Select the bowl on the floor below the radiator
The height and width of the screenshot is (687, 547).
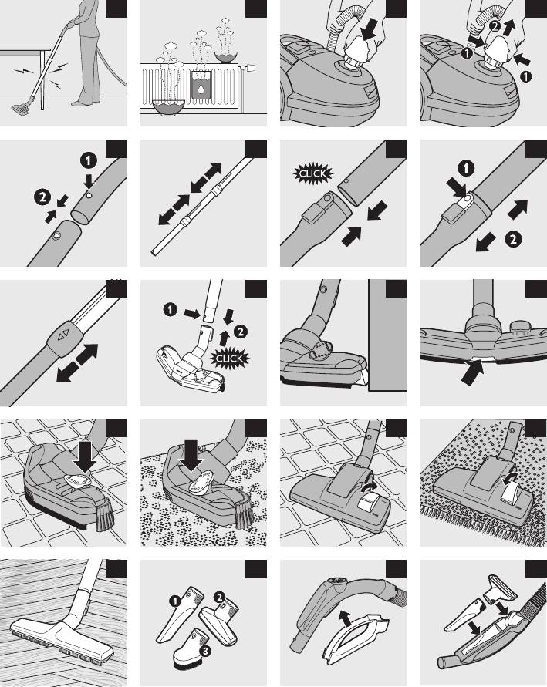[x=168, y=107]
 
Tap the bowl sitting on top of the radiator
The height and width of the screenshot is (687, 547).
[x=226, y=57]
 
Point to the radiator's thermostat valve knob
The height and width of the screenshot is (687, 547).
[x=250, y=68]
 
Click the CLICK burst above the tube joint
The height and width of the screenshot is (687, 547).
[x=313, y=173]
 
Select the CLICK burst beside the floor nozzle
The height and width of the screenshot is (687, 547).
[x=229, y=359]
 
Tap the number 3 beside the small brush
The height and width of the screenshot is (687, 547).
[x=205, y=651]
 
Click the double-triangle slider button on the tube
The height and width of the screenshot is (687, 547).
[x=63, y=336]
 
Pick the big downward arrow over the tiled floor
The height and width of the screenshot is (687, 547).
[x=85, y=459]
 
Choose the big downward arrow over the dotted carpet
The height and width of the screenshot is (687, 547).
[x=191, y=456]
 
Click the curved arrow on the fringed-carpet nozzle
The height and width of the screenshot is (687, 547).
[x=510, y=480]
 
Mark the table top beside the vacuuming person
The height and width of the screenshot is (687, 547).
[x=25, y=51]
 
